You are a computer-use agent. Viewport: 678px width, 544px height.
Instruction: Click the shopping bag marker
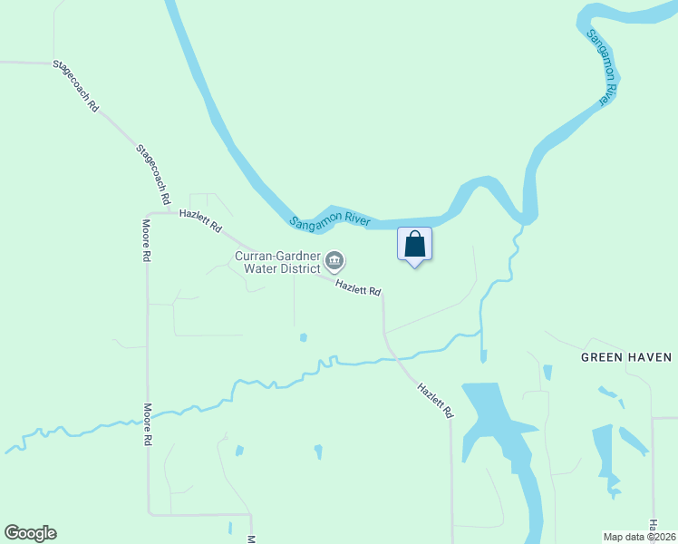pyautogui.click(x=414, y=245)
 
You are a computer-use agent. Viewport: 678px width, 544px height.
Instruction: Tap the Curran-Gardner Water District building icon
pyautogui.click(x=334, y=262)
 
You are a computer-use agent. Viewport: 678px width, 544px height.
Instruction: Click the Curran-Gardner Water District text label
pyautogui.click(x=277, y=262)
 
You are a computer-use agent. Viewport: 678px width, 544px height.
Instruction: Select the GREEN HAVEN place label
pyautogui.click(x=626, y=357)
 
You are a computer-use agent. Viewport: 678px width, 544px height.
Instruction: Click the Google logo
pyautogui.click(x=30, y=533)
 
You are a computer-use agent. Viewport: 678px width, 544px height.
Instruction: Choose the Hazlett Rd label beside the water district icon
pyautogui.click(x=358, y=288)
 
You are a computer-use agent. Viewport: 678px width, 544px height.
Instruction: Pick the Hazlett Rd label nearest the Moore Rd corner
pyautogui.click(x=200, y=221)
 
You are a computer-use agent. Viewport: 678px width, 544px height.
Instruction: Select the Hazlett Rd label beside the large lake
pyautogui.click(x=435, y=399)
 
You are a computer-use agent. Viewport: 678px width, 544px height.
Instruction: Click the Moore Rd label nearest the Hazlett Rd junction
pyautogui.click(x=146, y=240)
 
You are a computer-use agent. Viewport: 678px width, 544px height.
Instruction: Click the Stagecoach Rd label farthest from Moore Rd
pyautogui.click(x=75, y=85)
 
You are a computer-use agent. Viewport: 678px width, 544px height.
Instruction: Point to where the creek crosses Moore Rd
pyautogui.click(x=148, y=415)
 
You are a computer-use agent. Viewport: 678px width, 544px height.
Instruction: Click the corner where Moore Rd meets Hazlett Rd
pyautogui.click(x=148, y=214)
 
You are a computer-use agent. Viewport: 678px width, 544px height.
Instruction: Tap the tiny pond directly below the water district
pyautogui.click(x=303, y=337)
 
